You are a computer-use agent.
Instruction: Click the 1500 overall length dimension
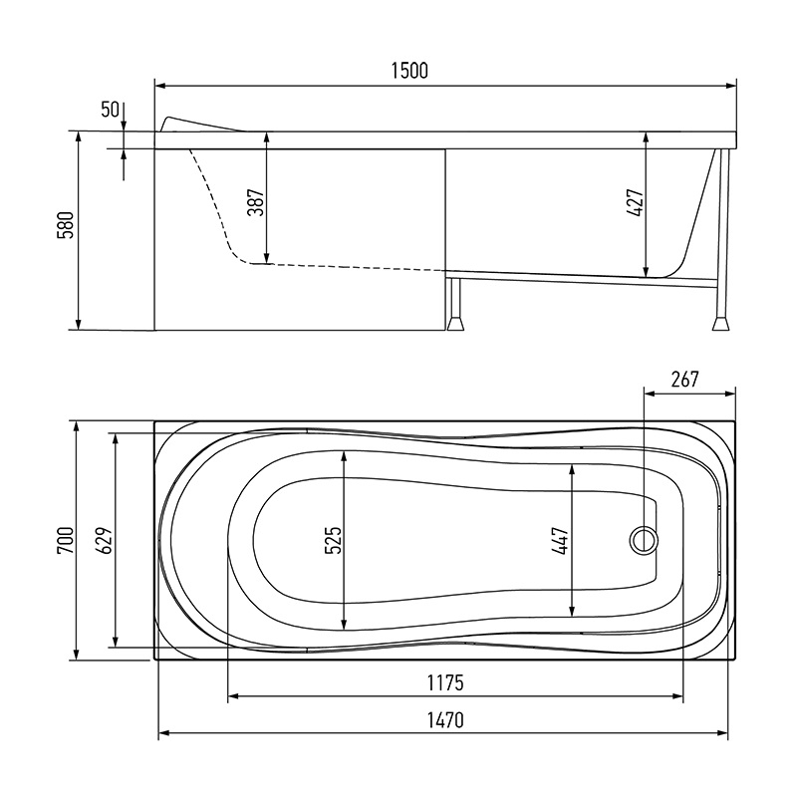(409, 71)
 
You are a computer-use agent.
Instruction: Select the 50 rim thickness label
(110, 110)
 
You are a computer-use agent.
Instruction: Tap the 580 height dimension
(67, 224)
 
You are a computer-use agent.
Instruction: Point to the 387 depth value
(257, 202)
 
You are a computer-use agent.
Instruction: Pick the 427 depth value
(636, 203)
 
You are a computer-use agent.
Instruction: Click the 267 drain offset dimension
(685, 380)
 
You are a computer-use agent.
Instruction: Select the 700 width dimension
(67, 540)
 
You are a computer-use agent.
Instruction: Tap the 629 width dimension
(105, 540)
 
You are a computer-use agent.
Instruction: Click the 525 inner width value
(333, 540)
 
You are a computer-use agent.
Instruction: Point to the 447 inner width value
(561, 540)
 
